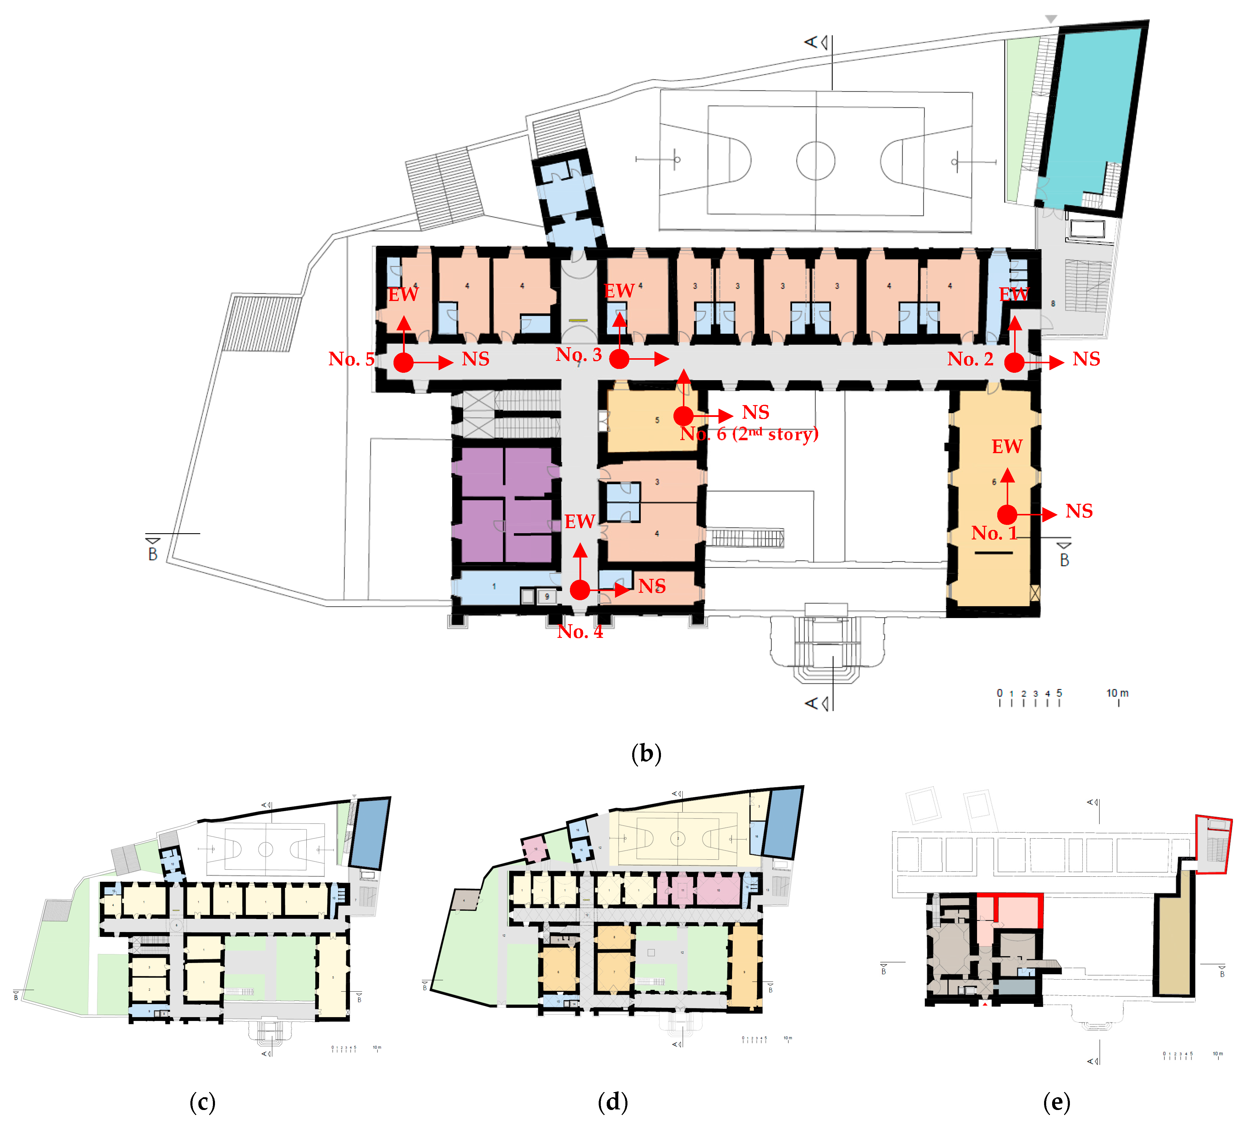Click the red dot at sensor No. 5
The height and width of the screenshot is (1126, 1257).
coord(403,363)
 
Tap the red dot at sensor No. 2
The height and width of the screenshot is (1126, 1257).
coord(1014,363)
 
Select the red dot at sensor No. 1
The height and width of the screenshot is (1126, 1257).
coord(1007,514)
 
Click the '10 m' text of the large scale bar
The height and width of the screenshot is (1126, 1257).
coord(1117,693)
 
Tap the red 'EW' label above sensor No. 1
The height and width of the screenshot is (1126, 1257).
coord(1006,447)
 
